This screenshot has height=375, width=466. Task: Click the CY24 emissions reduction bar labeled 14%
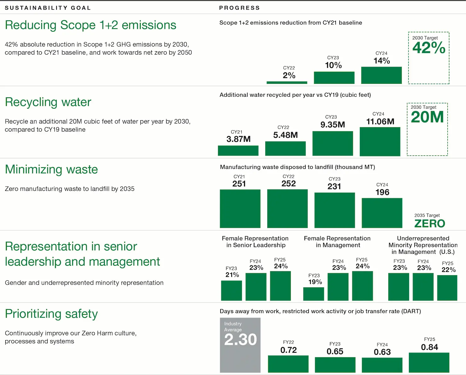tap(381, 75)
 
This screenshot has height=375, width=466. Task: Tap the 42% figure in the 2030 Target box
tap(429, 48)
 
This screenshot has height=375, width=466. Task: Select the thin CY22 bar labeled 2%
tap(287, 83)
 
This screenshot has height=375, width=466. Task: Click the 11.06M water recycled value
tap(380, 122)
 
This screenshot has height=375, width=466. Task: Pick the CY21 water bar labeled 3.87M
tap(238, 151)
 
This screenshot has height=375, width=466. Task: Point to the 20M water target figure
tap(427, 117)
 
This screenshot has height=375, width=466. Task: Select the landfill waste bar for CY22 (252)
tap(287, 209)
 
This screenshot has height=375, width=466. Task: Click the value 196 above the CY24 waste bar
tap(382, 192)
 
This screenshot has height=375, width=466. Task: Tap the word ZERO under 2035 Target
tap(430, 224)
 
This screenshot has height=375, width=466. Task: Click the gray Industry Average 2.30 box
tap(240, 345)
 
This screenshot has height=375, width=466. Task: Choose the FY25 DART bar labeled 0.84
tap(429, 362)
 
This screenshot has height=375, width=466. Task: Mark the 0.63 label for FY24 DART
tap(382, 352)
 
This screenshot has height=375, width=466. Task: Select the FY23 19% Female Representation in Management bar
tap(313, 294)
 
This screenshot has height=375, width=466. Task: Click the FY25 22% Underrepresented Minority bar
tap(447, 288)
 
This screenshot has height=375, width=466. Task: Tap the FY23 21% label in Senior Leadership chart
tap(232, 275)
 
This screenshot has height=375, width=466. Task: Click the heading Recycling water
tap(48, 102)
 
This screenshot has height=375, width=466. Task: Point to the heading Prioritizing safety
tap(51, 314)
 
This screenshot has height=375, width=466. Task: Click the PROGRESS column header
tap(239, 8)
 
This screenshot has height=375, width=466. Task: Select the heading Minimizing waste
tap(51, 169)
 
